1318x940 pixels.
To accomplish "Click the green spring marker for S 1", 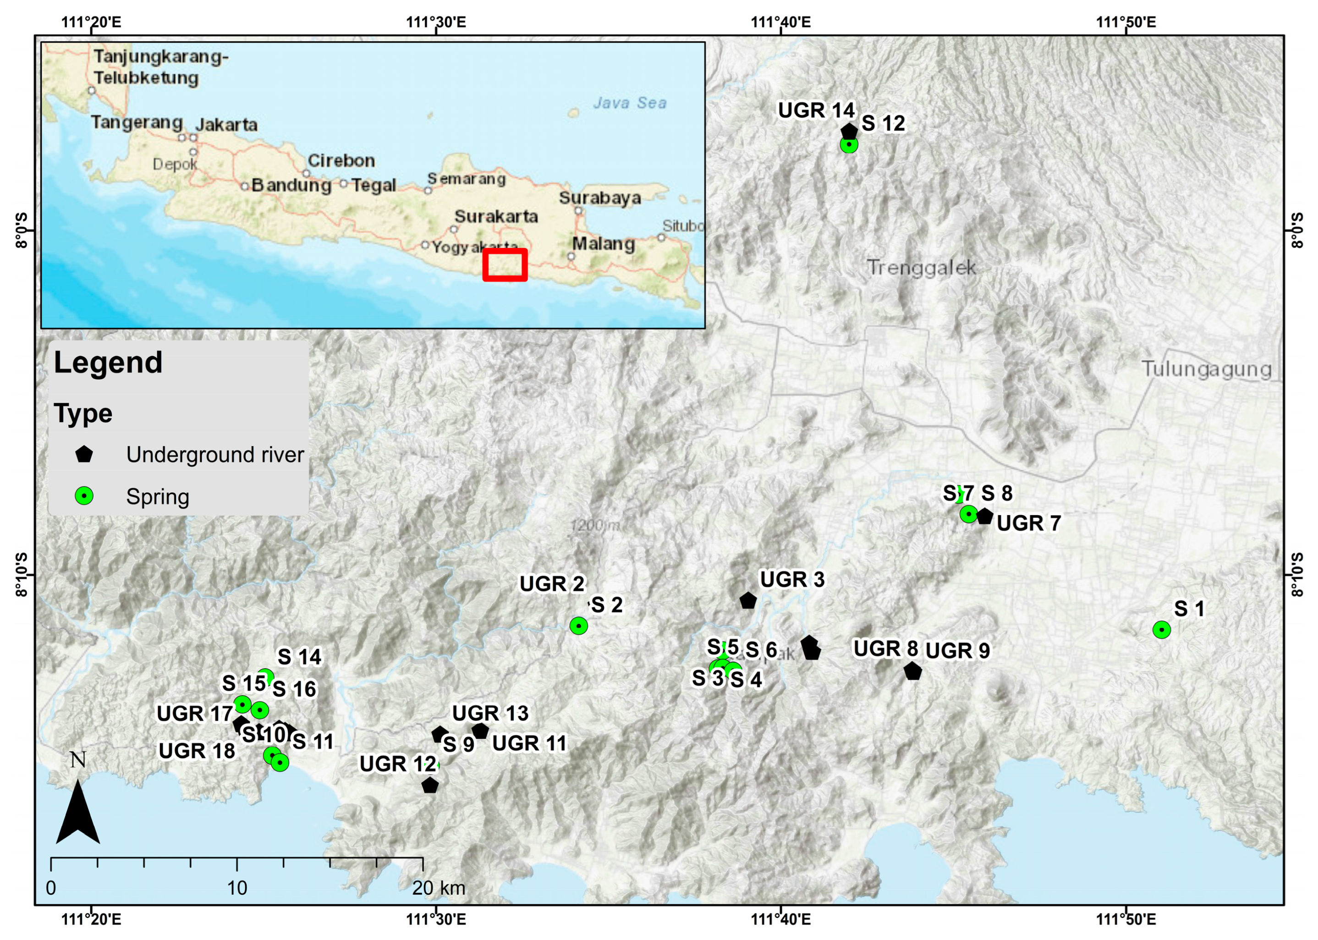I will [x=1161, y=630].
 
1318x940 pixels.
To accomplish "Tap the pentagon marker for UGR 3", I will [x=748, y=600].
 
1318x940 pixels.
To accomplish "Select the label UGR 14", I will [x=816, y=110].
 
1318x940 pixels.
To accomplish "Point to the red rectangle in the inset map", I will [x=505, y=264].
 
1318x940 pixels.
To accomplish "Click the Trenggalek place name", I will [x=921, y=267].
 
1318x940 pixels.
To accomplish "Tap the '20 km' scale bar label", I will [x=438, y=888].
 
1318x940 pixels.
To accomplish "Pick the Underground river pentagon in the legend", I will [x=84, y=454].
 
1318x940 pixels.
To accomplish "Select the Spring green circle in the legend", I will [x=84, y=495].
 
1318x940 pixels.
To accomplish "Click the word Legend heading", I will [x=108, y=363].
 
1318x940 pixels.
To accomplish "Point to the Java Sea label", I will [x=629, y=103].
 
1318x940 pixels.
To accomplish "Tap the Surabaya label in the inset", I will [x=600, y=198].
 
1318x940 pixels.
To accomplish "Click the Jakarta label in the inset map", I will [x=226, y=125].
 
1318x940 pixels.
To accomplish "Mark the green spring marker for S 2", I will [x=578, y=625].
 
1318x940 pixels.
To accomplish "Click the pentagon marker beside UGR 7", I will [x=984, y=517].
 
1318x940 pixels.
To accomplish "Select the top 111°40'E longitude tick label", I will [x=781, y=22].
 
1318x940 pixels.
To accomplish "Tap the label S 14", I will [x=299, y=657].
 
